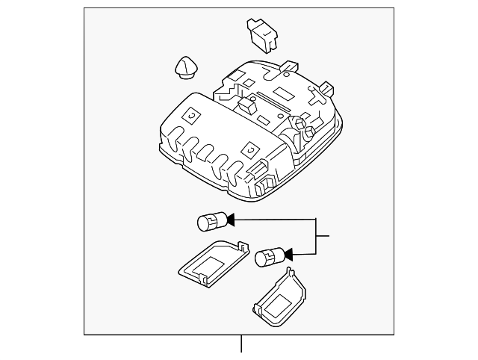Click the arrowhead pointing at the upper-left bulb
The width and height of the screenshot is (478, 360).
click(x=230, y=220)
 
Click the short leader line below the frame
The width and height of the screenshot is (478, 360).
click(x=240, y=346)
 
